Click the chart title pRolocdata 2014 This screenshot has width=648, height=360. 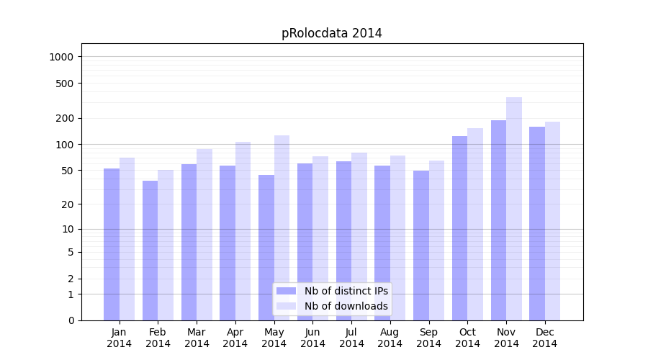tap(331, 34)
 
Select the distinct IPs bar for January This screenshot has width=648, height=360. tap(112, 245)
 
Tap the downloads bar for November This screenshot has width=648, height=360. tap(514, 209)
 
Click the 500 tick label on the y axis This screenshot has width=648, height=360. tap(66, 84)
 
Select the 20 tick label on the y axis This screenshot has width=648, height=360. tap(68, 204)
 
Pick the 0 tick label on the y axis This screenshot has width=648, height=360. tap(71, 320)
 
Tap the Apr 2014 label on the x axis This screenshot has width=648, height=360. tap(235, 338)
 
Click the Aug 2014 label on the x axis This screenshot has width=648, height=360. tap(390, 338)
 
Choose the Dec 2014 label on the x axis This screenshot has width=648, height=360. tap(544, 338)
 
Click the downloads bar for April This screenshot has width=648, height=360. tap(243, 231)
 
